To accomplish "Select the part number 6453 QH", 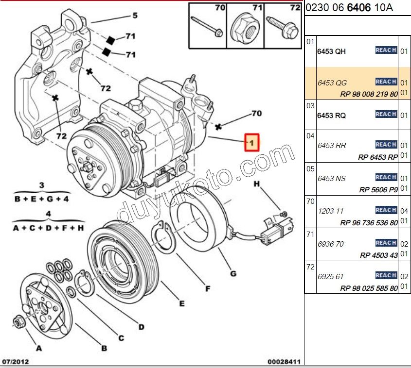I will coord(331,51).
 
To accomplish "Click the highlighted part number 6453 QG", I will coord(332,83).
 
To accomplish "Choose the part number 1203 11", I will coord(330,211).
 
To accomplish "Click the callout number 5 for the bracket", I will coord(135,16).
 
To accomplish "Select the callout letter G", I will coord(233,274).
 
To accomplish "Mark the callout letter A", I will coord(39,348).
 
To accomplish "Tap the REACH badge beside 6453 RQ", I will coord(386,114).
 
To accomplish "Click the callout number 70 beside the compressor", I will coord(256,114).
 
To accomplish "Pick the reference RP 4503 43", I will coord(378,255).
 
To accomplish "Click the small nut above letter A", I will coord(18,321).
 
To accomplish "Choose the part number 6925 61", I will coord(330,277).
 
